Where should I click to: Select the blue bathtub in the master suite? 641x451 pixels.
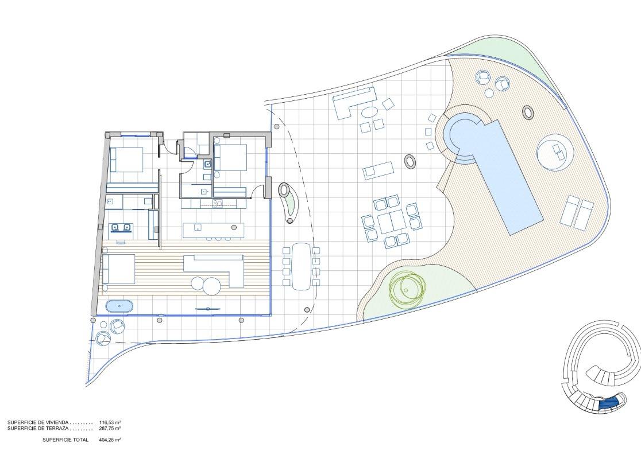(x=119, y=306)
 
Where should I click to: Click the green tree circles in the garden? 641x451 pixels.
(x=406, y=289)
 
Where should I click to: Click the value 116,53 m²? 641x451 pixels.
(x=110, y=422)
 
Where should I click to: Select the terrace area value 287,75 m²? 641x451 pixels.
(x=110, y=429)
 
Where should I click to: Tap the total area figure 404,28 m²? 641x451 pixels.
(x=110, y=440)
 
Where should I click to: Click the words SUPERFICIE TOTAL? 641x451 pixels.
(x=65, y=440)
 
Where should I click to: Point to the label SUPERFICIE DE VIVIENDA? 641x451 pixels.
(x=38, y=422)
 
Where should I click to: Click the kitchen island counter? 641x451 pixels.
(x=214, y=230)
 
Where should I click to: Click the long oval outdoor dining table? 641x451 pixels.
(x=302, y=266)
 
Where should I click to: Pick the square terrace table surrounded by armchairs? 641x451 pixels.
(x=392, y=223)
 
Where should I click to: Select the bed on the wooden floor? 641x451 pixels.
(x=118, y=269)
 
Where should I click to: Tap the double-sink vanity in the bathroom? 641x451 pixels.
(x=121, y=227)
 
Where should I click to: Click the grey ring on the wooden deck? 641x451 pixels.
(x=528, y=112)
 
